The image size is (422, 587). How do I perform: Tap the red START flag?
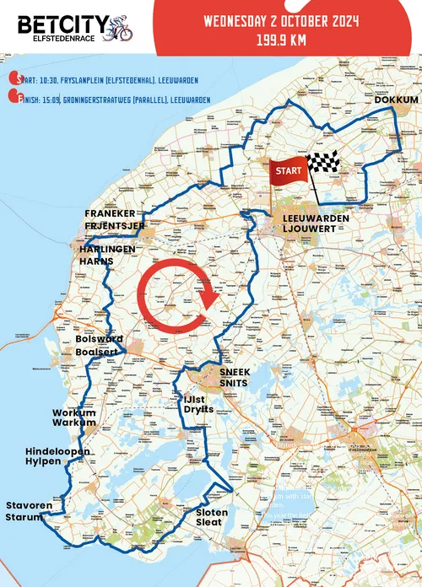[x=288, y=170]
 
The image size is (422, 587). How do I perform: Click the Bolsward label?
[x=100, y=338]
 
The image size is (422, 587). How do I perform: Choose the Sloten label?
[x=211, y=512]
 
